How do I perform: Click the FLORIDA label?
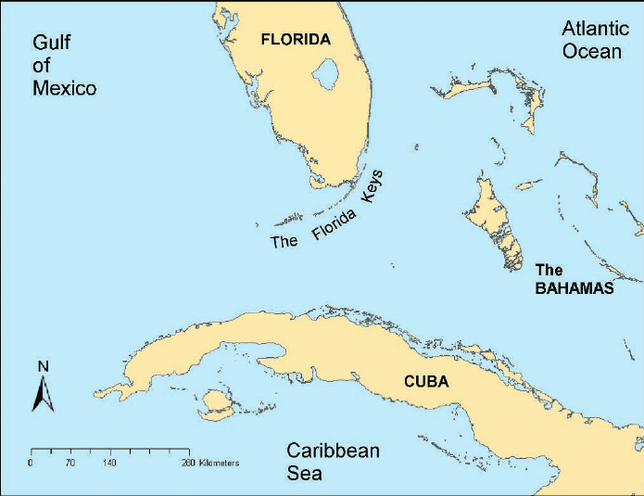296,40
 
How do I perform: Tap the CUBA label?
426,381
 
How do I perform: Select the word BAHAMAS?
575,288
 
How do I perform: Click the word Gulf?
52,42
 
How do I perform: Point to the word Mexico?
65,89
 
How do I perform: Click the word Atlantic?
595,29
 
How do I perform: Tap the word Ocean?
592,51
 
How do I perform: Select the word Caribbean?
333,451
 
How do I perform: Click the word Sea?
304,473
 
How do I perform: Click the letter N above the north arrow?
43,366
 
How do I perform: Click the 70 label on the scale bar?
69,462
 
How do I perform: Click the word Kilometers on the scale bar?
218,462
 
